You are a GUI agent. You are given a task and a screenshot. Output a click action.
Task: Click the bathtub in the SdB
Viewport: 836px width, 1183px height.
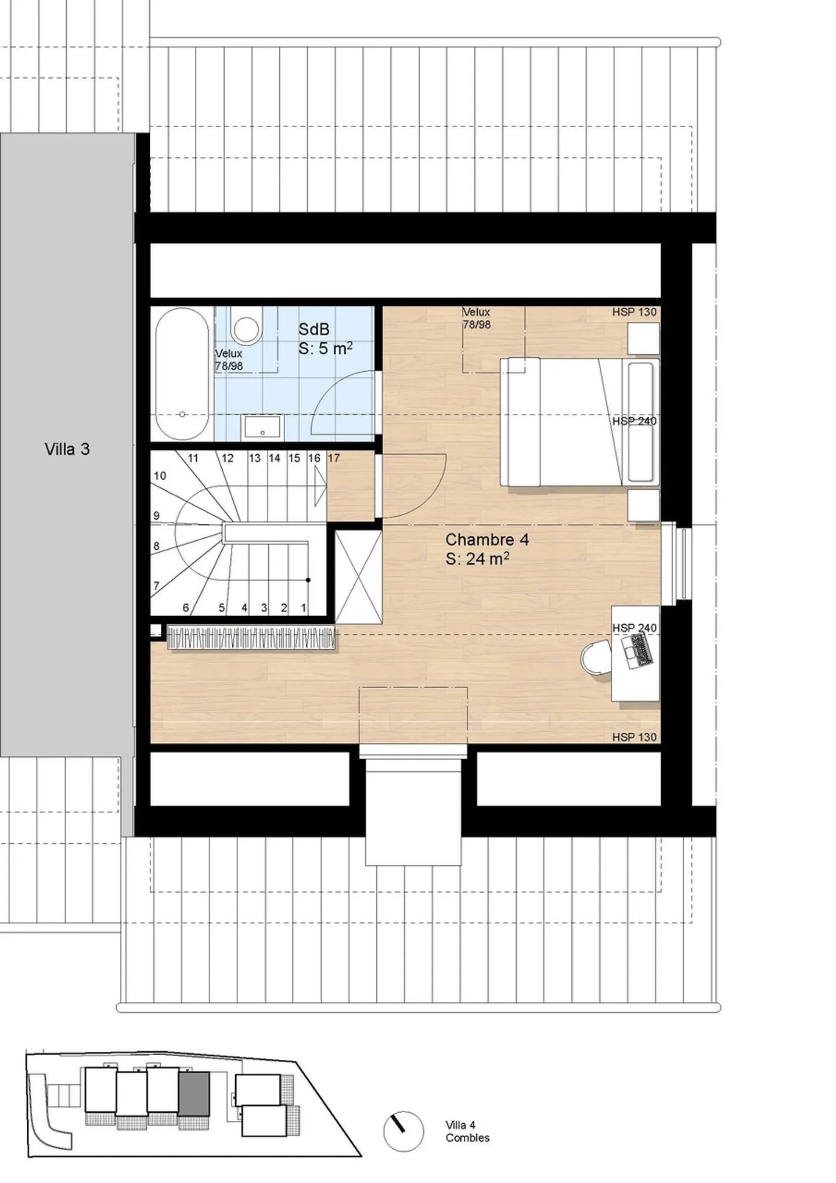pyautogui.click(x=182, y=374)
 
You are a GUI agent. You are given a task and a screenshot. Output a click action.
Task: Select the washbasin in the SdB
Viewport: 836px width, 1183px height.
pyautogui.click(x=262, y=427)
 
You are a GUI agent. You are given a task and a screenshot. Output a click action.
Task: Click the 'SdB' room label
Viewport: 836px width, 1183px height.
pyautogui.click(x=314, y=329)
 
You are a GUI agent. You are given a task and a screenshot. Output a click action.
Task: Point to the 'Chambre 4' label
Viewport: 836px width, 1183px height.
pyautogui.click(x=487, y=540)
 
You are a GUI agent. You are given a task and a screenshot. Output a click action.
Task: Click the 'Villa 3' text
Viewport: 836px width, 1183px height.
pyautogui.click(x=67, y=449)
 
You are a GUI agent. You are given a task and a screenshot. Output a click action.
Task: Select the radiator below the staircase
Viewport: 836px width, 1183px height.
pyautogui.click(x=251, y=637)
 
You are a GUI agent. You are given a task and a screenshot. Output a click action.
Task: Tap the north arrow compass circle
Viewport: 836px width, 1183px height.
pyautogui.click(x=403, y=1131)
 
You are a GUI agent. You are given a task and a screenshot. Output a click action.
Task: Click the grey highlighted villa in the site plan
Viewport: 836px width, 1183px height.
pyautogui.click(x=194, y=1093)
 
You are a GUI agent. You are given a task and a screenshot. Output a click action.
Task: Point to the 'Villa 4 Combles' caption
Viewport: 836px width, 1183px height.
pyautogui.click(x=467, y=1131)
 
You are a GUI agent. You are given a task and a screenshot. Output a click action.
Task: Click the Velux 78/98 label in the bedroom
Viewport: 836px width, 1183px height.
pyautogui.click(x=477, y=318)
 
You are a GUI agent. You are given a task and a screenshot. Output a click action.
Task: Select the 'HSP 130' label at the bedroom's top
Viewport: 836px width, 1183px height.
pyautogui.click(x=634, y=312)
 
